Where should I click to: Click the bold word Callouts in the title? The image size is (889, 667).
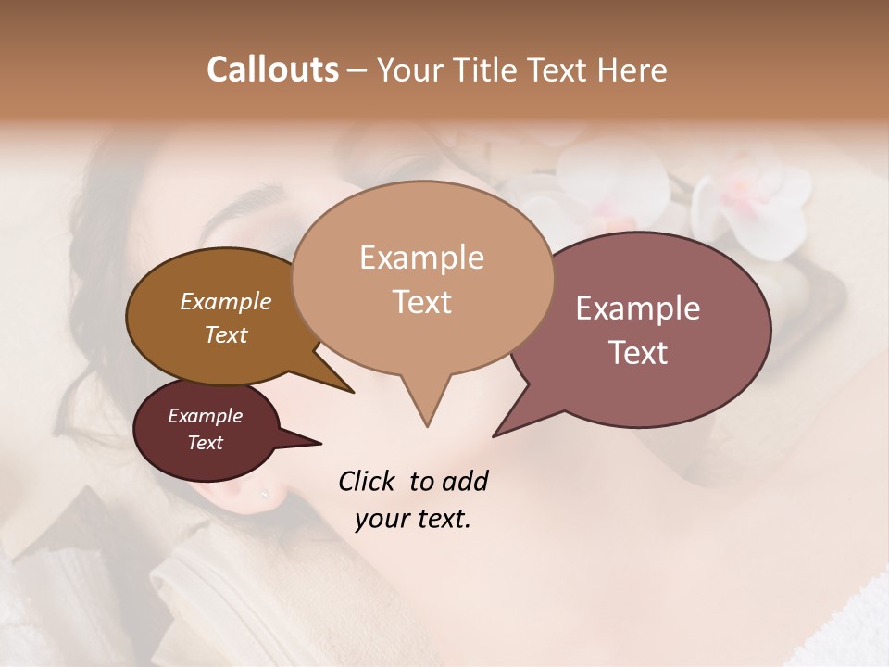coord(272,69)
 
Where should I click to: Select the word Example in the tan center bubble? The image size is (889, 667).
coord(421,258)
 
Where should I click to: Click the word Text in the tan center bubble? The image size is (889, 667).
coord(421,302)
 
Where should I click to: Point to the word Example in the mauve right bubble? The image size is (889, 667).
coord(638,308)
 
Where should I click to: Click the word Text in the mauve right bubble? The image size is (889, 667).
coord(638,353)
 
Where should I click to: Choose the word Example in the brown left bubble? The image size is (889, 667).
coord(225,301)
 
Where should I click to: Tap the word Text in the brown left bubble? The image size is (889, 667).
coord(225,334)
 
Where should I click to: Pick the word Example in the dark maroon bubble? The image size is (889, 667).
coord(205,416)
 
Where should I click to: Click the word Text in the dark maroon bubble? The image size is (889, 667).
coord(205,443)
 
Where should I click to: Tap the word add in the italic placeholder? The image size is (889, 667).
coord(465,481)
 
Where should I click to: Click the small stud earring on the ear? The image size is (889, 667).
coord(264,496)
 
